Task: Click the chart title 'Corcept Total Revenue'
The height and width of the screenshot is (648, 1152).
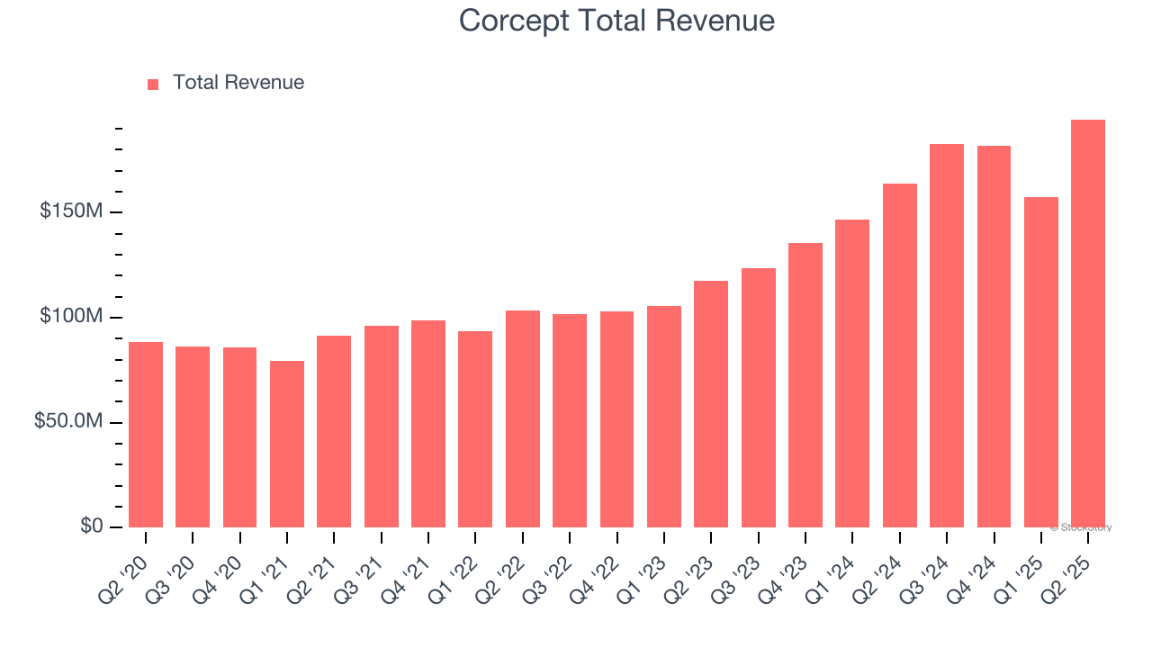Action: pos(616,20)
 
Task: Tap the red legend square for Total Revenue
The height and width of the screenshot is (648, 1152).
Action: pos(153,84)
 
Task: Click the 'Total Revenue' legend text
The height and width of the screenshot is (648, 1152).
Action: pos(238,83)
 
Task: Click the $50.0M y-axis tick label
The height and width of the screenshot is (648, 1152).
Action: pos(68,422)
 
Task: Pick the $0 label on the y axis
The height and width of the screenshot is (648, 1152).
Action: pos(92,526)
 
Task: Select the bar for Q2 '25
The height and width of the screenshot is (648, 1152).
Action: pos(1088,324)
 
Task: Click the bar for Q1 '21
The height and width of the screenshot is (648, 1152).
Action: pos(287,444)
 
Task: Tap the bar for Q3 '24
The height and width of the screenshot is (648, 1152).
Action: pos(947,336)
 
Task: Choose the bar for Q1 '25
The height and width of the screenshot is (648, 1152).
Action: pos(1041,362)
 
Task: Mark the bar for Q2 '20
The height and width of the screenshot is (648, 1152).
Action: pos(146,435)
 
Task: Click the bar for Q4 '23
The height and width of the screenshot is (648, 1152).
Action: pos(805,385)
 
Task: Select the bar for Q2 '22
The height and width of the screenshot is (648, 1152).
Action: pos(523,418)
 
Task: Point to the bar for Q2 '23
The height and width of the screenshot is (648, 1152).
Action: pos(711,404)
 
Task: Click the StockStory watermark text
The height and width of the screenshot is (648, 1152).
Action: pos(1081,527)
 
